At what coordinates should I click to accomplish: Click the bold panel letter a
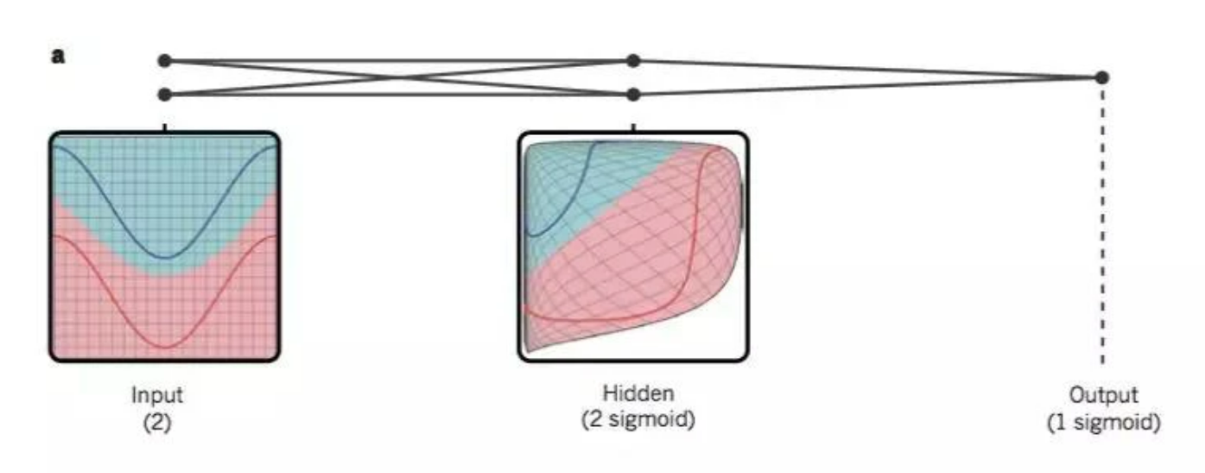click(x=58, y=56)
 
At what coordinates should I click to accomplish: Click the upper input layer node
click(x=164, y=61)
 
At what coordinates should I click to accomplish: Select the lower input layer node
click(x=164, y=94)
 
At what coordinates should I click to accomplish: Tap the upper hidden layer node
click(x=633, y=61)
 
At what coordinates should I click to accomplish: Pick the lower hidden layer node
click(x=633, y=94)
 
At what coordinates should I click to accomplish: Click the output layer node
click(x=1101, y=77)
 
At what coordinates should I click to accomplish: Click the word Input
click(x=157, y=396)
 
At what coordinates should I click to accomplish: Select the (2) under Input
click(x=157, y=421)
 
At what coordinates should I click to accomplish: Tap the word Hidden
click(x=638, y=394)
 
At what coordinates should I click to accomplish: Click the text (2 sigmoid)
click(x=638, y=420)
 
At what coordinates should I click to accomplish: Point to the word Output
click(x=1103, y=396)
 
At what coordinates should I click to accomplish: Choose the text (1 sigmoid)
click(x=1103, y=422)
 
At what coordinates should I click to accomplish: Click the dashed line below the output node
click(x=1102, y=227)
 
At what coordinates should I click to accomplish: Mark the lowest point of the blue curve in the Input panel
click(x=165, y=258)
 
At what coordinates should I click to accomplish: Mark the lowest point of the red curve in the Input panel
click(x=165, y=347)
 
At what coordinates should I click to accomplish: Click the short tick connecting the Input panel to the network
click(x=164, y=127)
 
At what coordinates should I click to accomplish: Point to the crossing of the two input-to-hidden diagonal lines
click(x=399, y=77)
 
